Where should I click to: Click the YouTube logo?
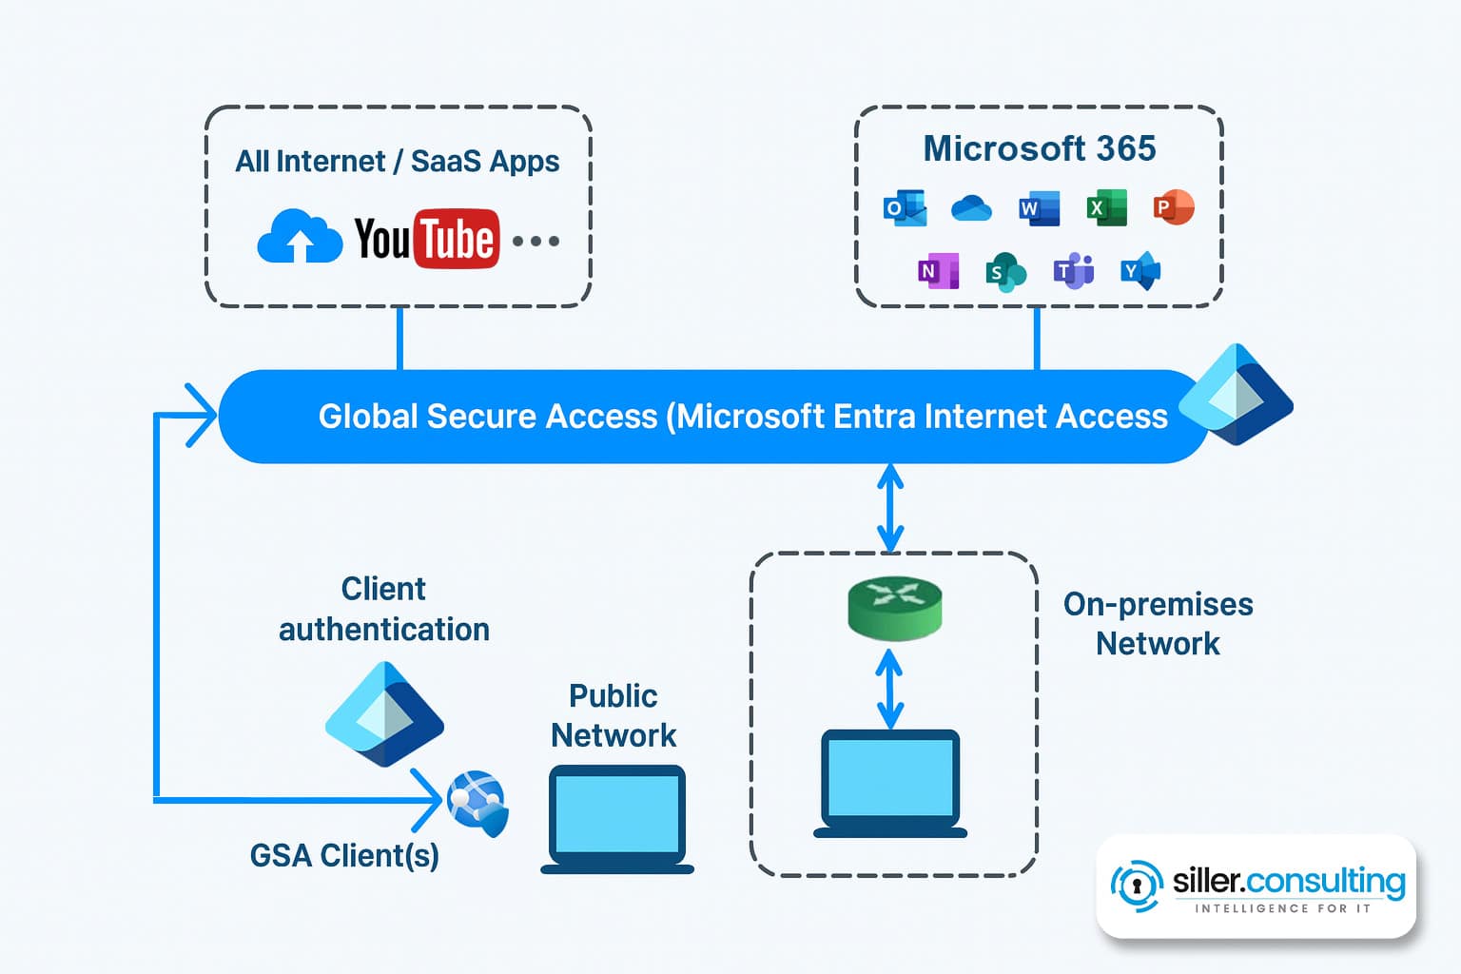click(x=426, y=238)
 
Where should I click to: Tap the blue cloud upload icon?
click(x=300, y=237)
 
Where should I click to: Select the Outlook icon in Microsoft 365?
click(x=905, y=207)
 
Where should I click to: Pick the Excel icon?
click(x=1106, y=207)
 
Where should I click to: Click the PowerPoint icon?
click(x=1173, y=206)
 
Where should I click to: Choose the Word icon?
click(x=1039, y=207)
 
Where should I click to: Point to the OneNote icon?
click(x=938, y=271)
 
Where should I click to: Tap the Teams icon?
click(x=1073, y=271)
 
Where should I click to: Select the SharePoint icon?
click(x=1005, y=272)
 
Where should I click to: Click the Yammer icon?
click(x=1140, y=271)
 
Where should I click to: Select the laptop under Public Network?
click(x=617, y=818)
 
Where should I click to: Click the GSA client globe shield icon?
click(x=478, y=803)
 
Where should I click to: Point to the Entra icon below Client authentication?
click(x=384, y=714)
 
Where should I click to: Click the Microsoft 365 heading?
click(x=1039, y=148)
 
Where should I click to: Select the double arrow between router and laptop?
click(x=889, y=689)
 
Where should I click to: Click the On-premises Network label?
click(x=1158, y=624)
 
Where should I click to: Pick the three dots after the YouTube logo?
click(x=536, y=241)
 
